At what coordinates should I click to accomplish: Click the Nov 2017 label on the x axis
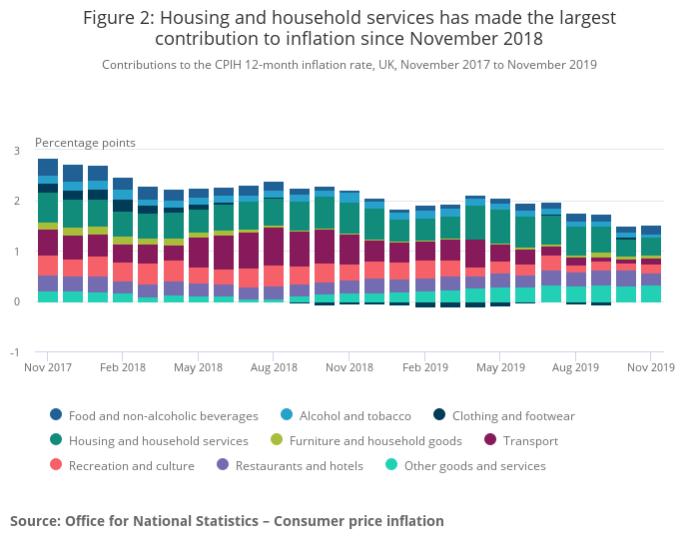(47, 367)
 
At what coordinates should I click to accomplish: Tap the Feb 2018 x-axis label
(123, 367)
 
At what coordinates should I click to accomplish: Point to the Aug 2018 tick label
(274, 367)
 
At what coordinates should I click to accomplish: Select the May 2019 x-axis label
(500, 367)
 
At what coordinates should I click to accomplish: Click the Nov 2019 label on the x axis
(651, 367)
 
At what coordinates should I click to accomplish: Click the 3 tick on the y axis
(16, 151)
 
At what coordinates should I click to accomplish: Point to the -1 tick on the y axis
(15, 352)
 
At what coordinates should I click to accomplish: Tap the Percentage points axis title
(85, 143)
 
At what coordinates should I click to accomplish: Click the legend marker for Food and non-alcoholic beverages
(56, 415)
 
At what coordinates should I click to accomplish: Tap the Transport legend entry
(523, 440)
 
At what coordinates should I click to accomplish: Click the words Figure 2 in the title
(119, 18)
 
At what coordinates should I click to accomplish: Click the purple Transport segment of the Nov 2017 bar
(47, 243)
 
